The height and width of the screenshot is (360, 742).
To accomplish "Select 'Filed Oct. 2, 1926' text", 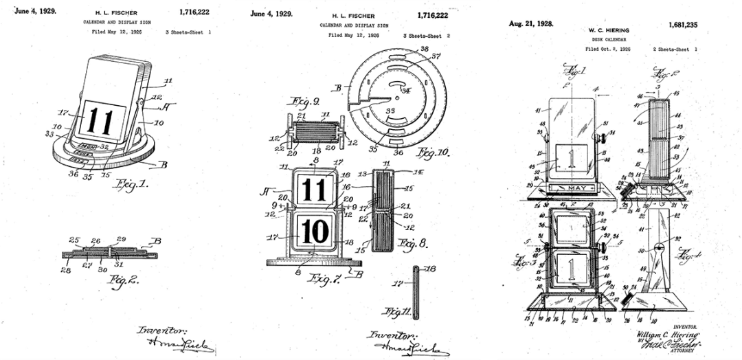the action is tap(608, 49).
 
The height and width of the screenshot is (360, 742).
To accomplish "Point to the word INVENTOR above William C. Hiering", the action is tap(684, 327).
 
